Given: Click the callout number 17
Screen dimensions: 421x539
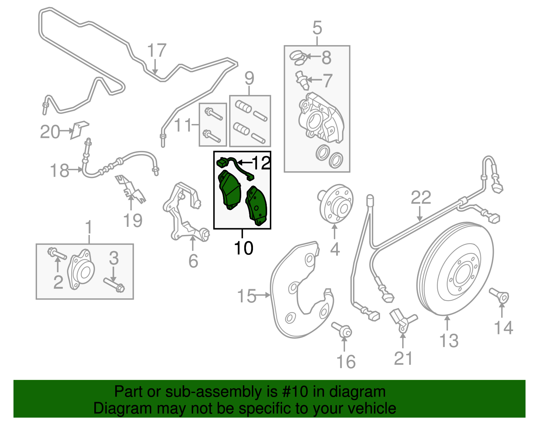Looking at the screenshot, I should [x=157, y=51].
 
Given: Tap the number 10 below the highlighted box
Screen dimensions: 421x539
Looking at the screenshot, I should [x=243, y=248].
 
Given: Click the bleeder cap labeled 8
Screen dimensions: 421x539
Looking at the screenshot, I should [x=298, y=57].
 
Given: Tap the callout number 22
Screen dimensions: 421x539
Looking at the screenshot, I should [x=421, y=198].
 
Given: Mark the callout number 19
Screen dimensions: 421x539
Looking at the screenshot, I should [x=133, y=221].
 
